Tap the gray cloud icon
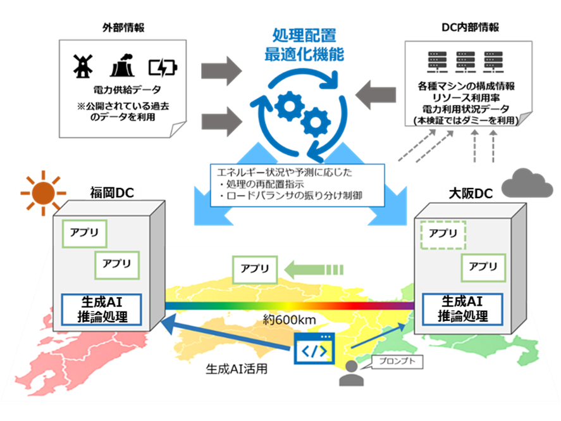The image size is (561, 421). (527, 184)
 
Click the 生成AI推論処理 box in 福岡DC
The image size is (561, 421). (101, 308)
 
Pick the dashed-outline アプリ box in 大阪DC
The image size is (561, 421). (443, 234)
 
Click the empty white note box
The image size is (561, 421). (123, 88)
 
